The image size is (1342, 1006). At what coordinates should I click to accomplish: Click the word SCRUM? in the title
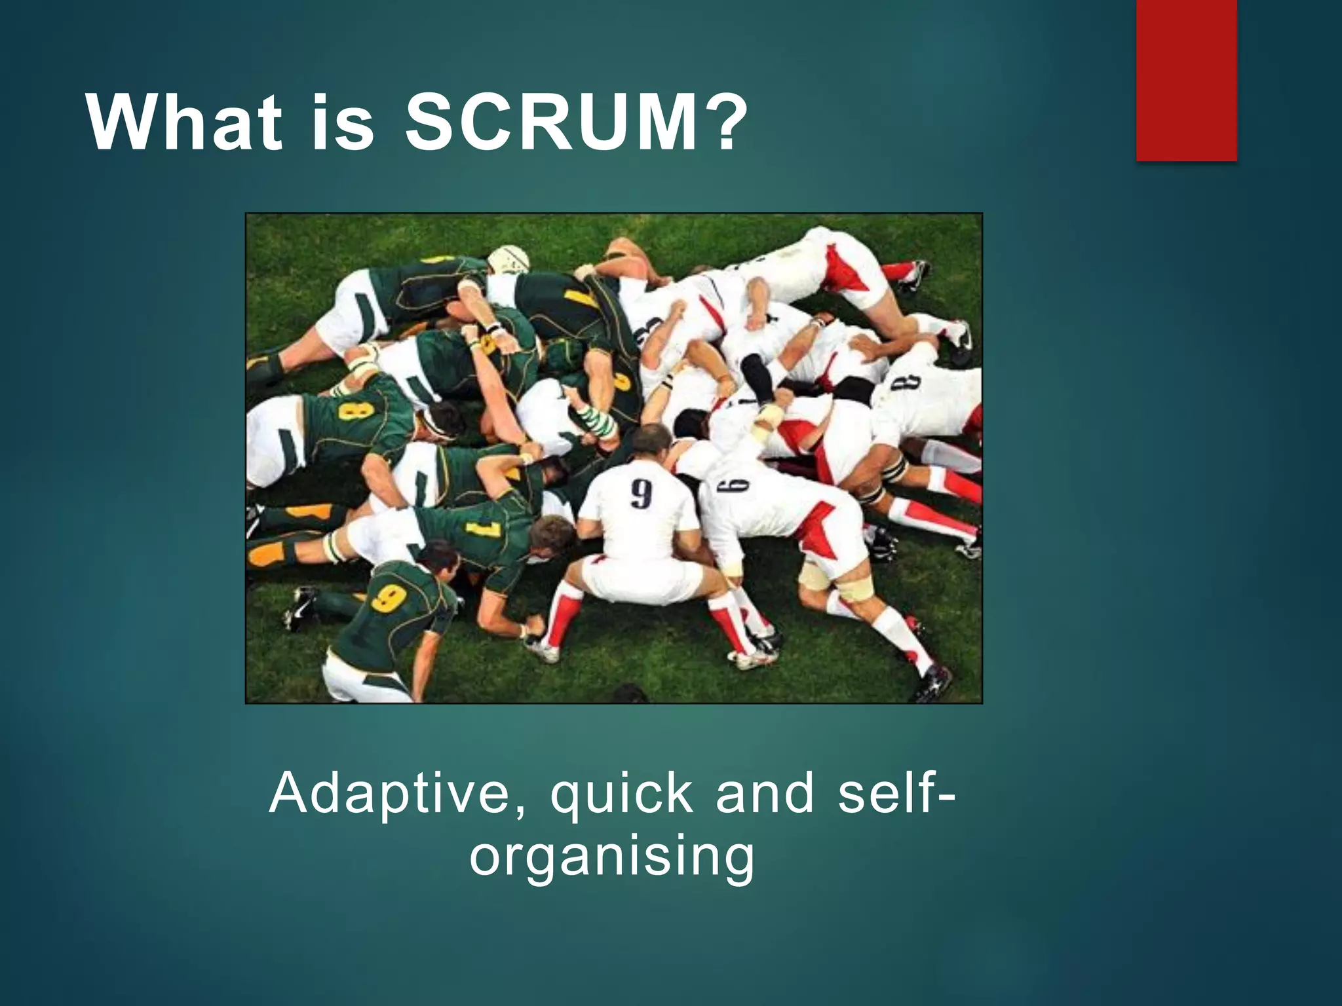pos(575,122)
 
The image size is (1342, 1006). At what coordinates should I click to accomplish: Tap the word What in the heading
pos(184,122)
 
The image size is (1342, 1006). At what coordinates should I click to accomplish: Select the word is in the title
pos(342,122)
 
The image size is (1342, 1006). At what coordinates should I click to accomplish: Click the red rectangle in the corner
pos(1186,80)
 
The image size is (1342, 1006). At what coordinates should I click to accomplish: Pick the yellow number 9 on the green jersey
pos(389,598)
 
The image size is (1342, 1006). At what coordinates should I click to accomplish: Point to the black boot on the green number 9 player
pos(300,608)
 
